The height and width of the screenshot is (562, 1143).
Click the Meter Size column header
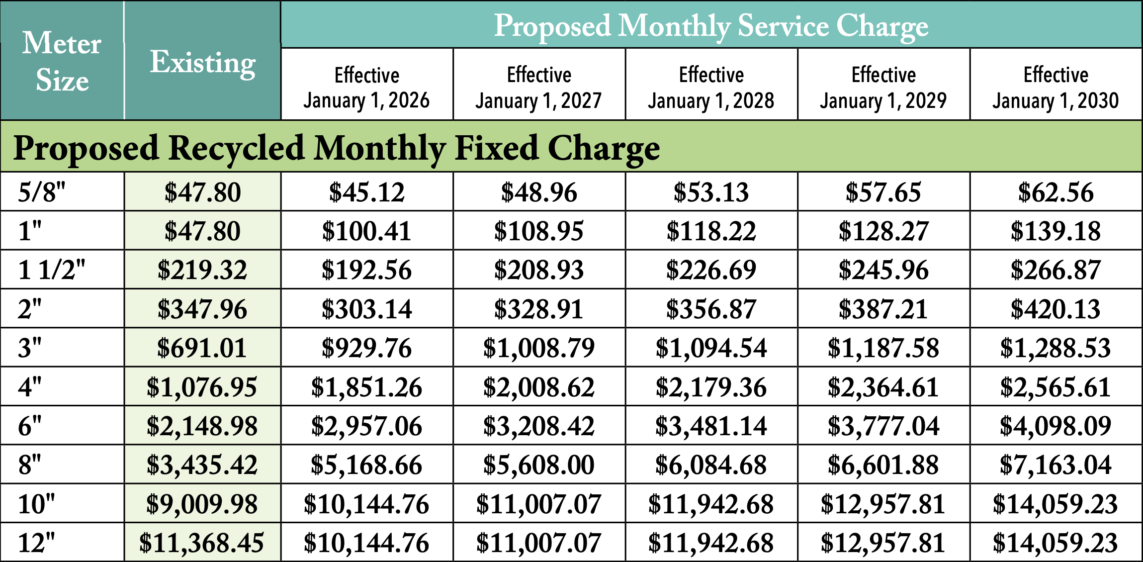click(x=62, y=61)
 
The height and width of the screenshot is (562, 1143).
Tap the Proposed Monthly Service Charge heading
click(x=711, y=26)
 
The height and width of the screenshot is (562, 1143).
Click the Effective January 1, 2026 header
click(x=366, y=88)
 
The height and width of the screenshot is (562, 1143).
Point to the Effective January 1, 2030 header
click(x=1055, y=88)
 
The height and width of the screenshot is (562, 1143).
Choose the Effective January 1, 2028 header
click(x=711, y=88)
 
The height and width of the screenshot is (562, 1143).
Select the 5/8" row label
click(x=42, y=192)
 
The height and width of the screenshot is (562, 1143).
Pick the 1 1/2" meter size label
click(x=52, y=270)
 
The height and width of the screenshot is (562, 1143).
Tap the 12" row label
click(x=36, y=543)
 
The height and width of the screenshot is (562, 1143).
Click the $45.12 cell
click(x=366, y=192)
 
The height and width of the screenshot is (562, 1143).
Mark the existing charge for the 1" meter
click(x=203, y=231)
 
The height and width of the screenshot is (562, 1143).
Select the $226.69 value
click(x=711, y=270)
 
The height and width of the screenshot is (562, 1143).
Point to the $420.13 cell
click(x=1055, y=309)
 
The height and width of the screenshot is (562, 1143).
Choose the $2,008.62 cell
click(x=539, y=387)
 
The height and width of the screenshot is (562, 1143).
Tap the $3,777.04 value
click(x=883, y=426)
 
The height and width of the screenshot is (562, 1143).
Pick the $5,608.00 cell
click(x=539, y=465)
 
